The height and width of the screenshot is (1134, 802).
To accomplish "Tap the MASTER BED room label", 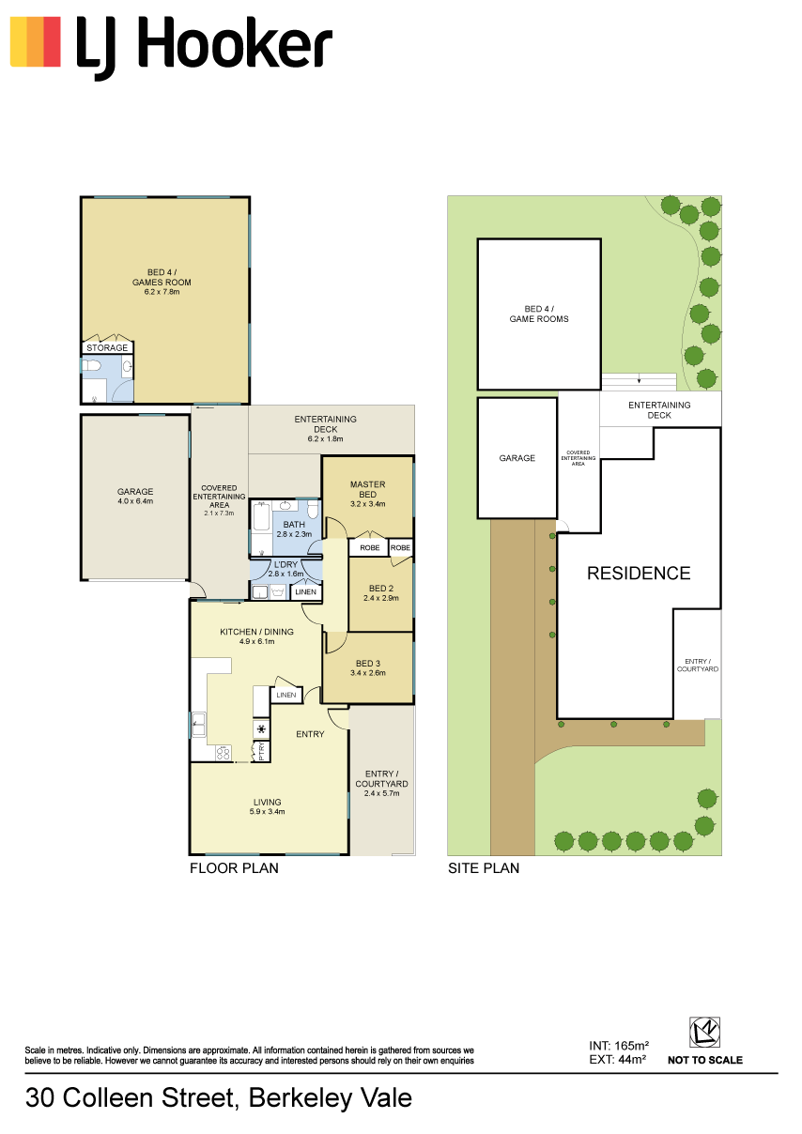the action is (x=367, y=489).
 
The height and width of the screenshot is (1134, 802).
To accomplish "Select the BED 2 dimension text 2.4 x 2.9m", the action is (x=380, y=598).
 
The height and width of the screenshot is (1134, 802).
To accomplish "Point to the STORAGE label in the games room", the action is (x=107, y=347).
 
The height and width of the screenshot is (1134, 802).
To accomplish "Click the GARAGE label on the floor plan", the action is (x=135, y=492).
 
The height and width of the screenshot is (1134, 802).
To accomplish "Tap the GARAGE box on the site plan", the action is (x=517, y=458).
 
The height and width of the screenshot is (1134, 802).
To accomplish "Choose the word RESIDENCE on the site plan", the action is (x=639, y=573).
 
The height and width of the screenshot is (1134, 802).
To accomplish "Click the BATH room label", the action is (x=294, y=525).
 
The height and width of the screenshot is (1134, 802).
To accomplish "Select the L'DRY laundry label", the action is (x=286, y=564).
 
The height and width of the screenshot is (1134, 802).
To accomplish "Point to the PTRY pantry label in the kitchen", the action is (x=262, y=751).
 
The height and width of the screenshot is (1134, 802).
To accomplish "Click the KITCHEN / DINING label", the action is (x=256, y=632).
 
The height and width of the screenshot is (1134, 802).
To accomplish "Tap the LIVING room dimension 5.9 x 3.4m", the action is (x=267, y=811).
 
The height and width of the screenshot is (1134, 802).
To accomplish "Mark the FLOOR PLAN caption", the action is (x=234, y=868).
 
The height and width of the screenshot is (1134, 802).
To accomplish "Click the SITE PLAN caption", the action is (x=484, y=868).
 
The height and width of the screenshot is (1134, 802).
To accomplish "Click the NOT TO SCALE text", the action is (x=704, y=1060).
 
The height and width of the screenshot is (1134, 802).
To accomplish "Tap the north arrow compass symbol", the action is (x=704, y=1033).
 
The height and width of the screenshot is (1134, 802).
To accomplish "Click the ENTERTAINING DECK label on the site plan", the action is (x=659, y=410).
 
